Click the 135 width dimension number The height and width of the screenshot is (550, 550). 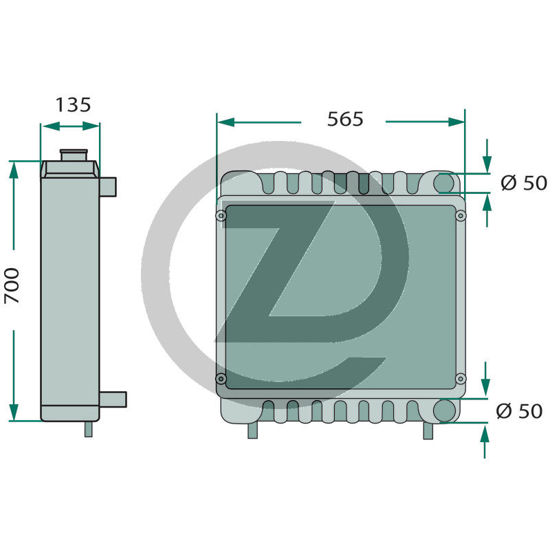pyautogui.click(x=73, y=105)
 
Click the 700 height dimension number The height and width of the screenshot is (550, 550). pyautogui.click(x=12, y=285)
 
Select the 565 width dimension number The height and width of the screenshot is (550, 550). pyautogui.click(x=344, y=119)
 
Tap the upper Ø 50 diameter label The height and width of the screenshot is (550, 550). pyautogui.click(x=524, y=184)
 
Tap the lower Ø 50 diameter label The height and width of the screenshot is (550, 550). pyautogui.click(x=519, y=411)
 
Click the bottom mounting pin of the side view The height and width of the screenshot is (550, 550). pyautogui.click(x=88, y=429)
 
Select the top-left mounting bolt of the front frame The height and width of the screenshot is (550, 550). pyautogui.click(x=221, y=217)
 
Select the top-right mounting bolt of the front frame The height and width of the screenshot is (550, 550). pyautogui.click(x=461, y=217)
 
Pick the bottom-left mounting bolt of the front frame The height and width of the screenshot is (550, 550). pyautogui.click(x=221, y=379)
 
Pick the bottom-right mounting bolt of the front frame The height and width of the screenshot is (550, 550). pyautogui.click(x=461, y=379)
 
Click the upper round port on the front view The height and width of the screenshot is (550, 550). pyautogui.click(x=444, y=183)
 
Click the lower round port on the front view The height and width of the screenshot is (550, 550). pyautogui.click(x=444, y=410)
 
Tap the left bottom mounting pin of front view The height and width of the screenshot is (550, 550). pyautogui.click(x=252, y=430)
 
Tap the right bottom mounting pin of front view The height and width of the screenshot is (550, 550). pyautogui.click(x=428, y=430)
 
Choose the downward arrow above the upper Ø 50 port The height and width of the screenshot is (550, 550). pyautogui.click(x=487, y=165)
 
